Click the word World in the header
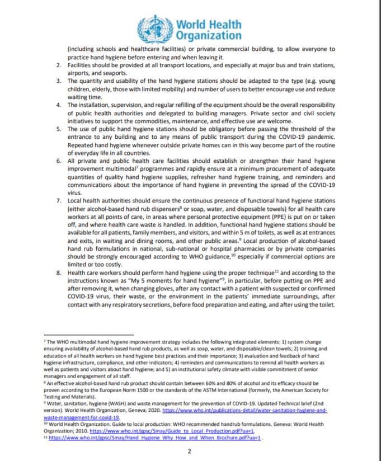coord(193,24)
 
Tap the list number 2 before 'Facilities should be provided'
coord(60,65)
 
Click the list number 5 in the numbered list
coord(60,128)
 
